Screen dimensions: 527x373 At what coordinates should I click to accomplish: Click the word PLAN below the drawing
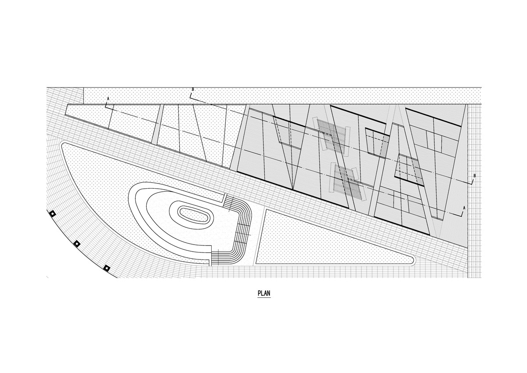pyautogui.click(x=264, y=293)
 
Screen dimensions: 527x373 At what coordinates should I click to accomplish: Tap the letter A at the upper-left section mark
pyautogui.click(x=108, y=99)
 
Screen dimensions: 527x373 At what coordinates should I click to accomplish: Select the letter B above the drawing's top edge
pyautogui.click(x=193, y=89)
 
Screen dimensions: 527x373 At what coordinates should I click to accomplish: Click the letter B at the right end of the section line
pyautogui.click(x=475, y=176)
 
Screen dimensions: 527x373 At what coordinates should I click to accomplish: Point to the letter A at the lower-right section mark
pyautogui.click(x=464, y=208)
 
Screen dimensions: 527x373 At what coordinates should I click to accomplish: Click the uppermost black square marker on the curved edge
pyautogui.click(x=52, y=213)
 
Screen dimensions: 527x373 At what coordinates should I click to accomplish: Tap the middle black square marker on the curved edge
pyautogui.click(x=77, y=244)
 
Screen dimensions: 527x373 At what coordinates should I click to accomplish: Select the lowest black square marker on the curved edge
pyautogui.click(x=107, y=268)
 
